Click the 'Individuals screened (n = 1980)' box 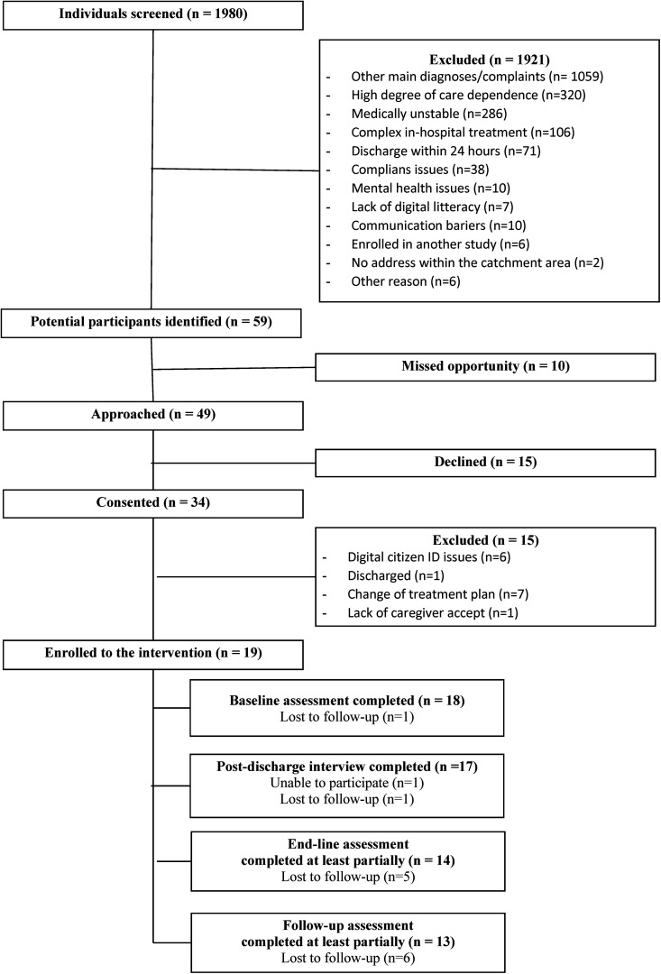152,15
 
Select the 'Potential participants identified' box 151,322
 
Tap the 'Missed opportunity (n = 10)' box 485,366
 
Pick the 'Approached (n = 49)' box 152,415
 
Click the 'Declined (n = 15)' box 485,462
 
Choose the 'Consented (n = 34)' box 152,502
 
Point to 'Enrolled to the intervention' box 152,654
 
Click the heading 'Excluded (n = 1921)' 490,60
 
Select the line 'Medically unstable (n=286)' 428,114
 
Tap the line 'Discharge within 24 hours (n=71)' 445,151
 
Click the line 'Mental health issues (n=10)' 430,188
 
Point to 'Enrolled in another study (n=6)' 440,244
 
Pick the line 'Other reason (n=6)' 406,281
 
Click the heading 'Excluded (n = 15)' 486,540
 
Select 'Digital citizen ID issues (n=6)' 428,557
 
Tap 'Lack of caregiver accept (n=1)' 432,613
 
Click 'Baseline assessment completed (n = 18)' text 347,701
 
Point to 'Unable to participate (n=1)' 346,783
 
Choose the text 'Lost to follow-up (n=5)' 348,878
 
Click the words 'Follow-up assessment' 348,925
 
